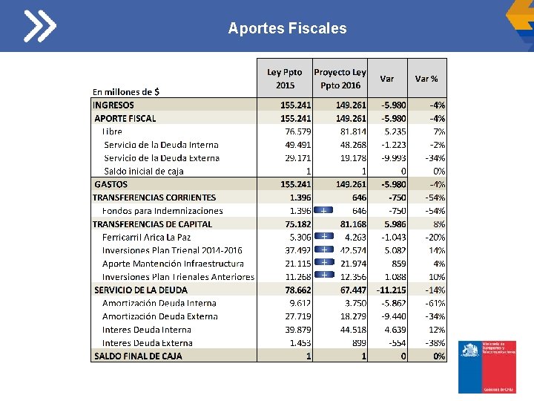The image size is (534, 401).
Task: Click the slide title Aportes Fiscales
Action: coord(287,28)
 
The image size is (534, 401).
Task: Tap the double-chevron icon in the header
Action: coord(39,27)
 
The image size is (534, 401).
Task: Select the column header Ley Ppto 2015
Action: coord(285,78)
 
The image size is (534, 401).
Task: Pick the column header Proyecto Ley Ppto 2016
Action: coord(340,78)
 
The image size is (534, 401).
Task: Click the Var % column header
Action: coord(426,78)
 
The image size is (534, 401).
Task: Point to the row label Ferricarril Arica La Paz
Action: coord(146,237)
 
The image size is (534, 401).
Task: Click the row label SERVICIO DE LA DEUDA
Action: coord(140,290)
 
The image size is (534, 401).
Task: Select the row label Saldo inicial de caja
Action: coord(144,171)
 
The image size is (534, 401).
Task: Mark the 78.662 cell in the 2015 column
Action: coord(296,290)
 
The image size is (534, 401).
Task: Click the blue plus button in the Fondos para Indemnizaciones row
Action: coord(324,211)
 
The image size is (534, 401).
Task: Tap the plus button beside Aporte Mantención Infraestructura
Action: coord(324,263)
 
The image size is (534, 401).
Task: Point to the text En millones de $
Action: coord(125,92)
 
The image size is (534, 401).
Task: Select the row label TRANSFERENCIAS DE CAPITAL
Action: coord(152,224)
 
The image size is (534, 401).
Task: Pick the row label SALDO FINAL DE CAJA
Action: coord(138,356)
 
